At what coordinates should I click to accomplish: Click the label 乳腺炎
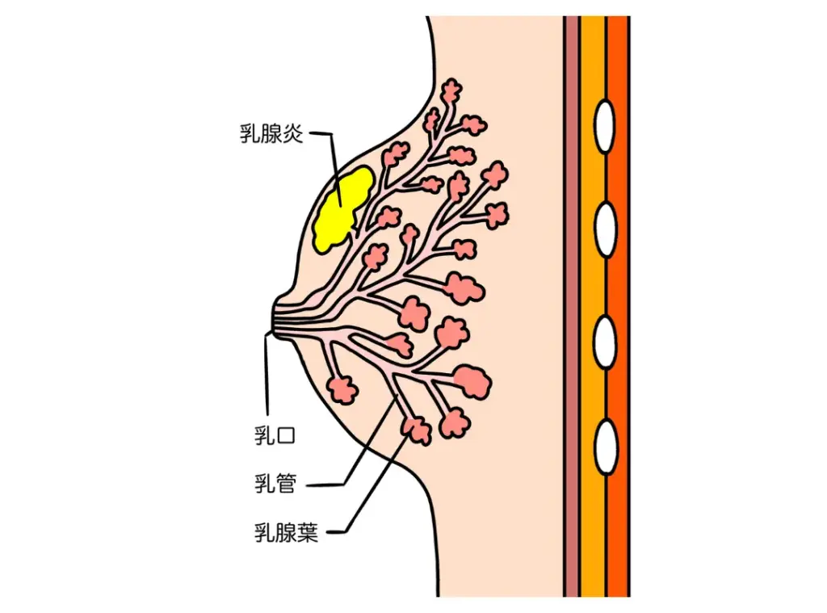tap(271, 134)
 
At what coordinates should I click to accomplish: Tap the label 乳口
tap(275, 436)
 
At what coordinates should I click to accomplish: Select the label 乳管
tap(275, 485)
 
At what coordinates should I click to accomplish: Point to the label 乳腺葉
tap(286, 532)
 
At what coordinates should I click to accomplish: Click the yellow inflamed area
tap(342, 208)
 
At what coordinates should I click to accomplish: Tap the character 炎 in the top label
tap(293, 134)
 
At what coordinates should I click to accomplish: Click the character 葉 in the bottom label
tap(308, 532)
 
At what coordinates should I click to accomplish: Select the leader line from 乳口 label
tap(267, 380)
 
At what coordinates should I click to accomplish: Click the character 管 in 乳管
tap(286, 485)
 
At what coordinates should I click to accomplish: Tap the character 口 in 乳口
tap(286, 436)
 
